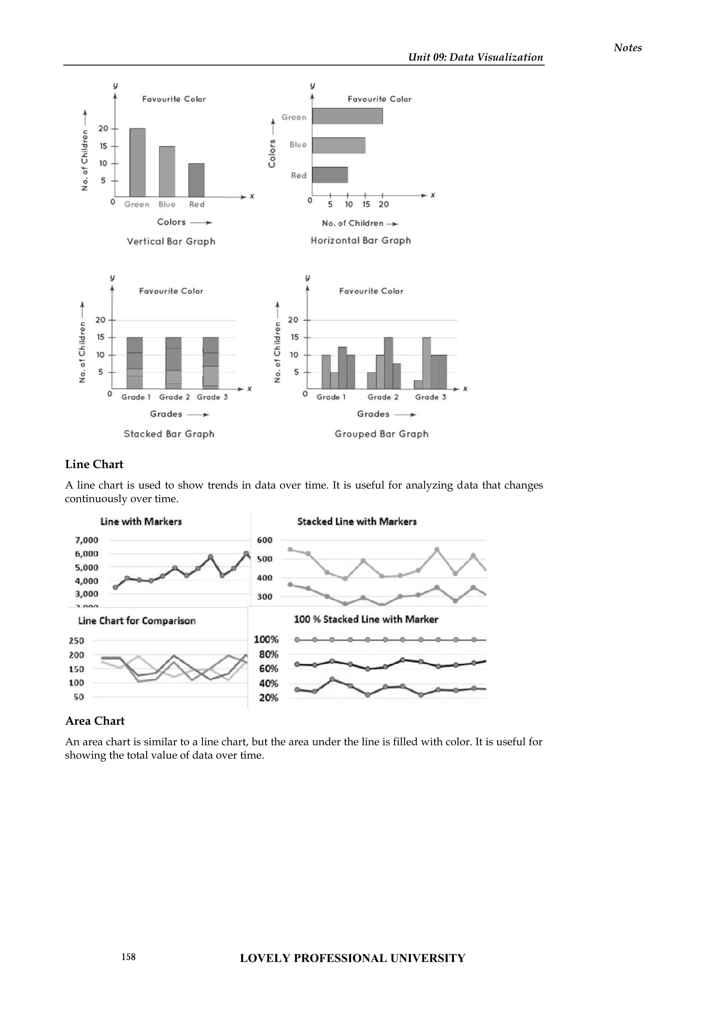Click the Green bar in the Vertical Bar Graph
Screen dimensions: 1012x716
[x=137, y=162]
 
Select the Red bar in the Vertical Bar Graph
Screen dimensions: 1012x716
[x=196, y=180]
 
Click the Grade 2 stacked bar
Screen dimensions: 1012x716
[x=173, y=363]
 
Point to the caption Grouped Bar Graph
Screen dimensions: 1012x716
[x=381, y=434]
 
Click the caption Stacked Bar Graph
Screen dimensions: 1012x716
[x=169, y=434]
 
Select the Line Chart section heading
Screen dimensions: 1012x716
[x=94, y=464]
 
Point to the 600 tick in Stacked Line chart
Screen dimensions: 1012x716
[x=265, y=540]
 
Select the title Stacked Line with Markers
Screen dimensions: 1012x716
[x=357, y=522]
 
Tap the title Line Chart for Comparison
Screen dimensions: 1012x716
[x=137, y=621]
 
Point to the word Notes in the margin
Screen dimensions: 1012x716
[x=628, y=48]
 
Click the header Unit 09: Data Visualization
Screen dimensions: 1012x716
[x=475, y=57]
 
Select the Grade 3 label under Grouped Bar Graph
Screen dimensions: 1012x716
[x=430, y=397]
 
